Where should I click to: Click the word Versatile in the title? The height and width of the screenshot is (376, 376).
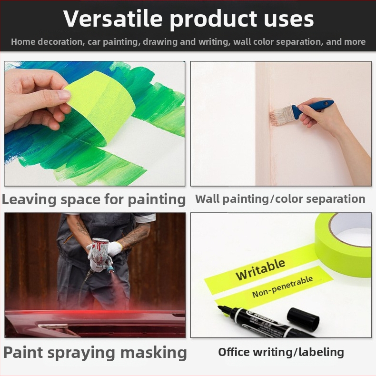coord(113,19)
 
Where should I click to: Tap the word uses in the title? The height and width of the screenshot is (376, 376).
coord(289,20)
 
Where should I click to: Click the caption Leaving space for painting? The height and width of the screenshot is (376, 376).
coord(94,199)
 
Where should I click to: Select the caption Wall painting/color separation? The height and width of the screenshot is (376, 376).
coord(280,199)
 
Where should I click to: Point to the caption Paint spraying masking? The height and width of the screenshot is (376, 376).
coord(95,353)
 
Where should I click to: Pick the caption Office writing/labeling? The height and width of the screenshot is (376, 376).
coord(281,352)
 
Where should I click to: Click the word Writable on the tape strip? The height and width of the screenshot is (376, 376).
coord(260,269)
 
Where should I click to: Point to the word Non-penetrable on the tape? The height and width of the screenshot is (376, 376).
coord(283,287)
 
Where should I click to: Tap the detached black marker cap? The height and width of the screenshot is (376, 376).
coord(303,319)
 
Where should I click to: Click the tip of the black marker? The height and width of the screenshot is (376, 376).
coord(219,307)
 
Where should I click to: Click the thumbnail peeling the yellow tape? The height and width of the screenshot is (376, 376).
coord(64,95)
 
